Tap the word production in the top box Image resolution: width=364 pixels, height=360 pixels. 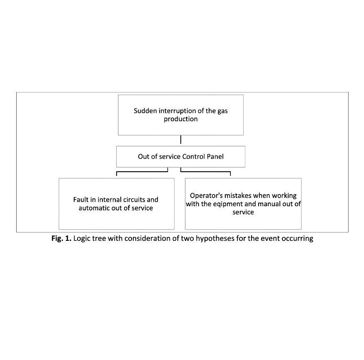click(x=181, y=119)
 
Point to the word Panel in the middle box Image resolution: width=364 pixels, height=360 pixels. click(x=215, y=157)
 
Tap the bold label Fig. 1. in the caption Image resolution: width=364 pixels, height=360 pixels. click(x=61, y=238)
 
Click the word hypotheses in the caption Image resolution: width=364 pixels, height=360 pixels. click(x=215, y=238)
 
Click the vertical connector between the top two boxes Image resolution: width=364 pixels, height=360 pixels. click(x=181, y=140)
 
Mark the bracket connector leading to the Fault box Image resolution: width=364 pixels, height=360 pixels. click(x=142, y=172)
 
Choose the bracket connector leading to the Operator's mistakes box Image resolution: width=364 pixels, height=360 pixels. click(x=205, y=172)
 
